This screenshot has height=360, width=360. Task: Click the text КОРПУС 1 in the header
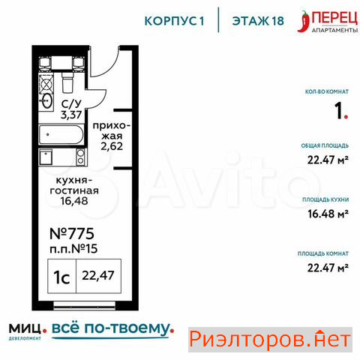click(174, 21)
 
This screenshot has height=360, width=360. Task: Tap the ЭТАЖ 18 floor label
click(258, 21)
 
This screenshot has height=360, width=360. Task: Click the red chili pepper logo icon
click(304, 22)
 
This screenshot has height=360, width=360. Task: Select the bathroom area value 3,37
click(71, 115)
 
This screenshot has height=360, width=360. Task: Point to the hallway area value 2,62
click(112, 146)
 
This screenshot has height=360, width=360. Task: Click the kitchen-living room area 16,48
click(74, 201)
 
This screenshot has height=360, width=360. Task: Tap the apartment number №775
click(72, 234)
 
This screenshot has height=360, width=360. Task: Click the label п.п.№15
click(73, 249)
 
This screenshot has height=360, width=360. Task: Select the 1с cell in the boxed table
click(61, 277)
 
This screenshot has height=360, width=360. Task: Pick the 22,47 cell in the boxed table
click(98, 276)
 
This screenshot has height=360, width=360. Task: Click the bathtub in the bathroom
click(61, 135)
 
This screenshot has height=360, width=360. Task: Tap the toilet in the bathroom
click(67, 82)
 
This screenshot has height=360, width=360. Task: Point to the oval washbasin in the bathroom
click(46, 100)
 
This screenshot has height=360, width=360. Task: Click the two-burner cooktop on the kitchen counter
click(81, 157)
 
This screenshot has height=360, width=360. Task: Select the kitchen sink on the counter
click(46, 157)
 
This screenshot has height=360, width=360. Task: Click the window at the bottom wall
click(85, 304)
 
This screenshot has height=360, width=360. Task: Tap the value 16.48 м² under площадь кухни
click(328, 214)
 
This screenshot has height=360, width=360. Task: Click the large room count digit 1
click(339, 111)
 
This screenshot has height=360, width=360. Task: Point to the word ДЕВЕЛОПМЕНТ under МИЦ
click(25, 338)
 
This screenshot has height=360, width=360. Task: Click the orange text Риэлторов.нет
click(270, 340)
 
